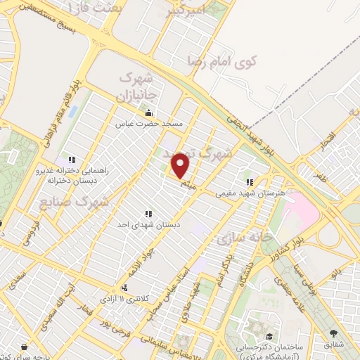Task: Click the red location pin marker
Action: coord(181,166)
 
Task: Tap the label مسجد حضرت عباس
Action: coord(149,123)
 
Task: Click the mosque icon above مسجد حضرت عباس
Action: coord(148,112)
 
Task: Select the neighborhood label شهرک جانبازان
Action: coord(137,84)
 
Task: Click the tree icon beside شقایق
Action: coord(333,335)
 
